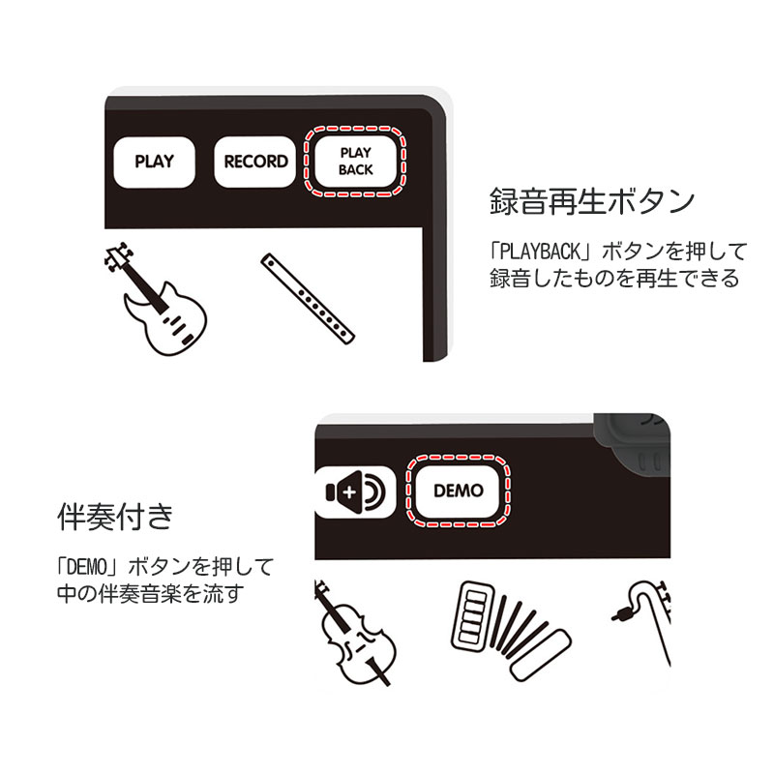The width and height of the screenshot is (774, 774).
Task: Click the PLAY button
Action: tap(154, 162)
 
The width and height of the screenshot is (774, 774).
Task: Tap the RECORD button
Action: tap(255, 162)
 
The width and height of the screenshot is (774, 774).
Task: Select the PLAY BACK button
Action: tap(355, 162)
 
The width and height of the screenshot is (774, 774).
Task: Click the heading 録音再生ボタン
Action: tap(590, 203)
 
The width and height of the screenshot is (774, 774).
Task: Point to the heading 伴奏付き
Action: tap(114, 518)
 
